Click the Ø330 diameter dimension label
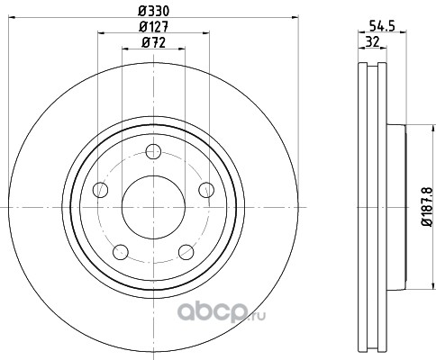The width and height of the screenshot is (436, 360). pyautogui.click(x=153, y=11)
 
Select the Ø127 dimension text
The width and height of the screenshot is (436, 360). pyautogui.click(x=153, y=27)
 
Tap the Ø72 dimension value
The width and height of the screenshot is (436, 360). pyautogui.click(x=153, y=43)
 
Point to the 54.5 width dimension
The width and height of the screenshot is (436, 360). pyautogui.click(x=382, y=26)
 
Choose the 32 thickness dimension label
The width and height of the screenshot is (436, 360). pyautogui.click(x=372, y=41)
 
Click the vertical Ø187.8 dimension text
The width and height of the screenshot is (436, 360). pyautogui.click(x=427, y=207)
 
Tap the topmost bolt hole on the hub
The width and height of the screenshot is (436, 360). pyautogui.click(x=153, y=151)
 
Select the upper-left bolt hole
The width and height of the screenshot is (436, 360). pyautogui.click(x=100, y=190)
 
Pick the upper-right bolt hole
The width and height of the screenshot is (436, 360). pyautogui.click(x=206, y=190)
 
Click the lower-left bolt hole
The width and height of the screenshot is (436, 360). pyautogui.click(x=121, y=252)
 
